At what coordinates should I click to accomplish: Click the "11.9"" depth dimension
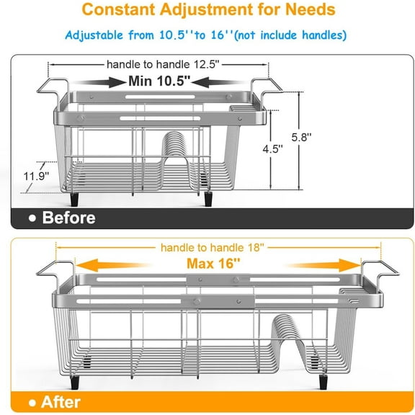click(32, 174)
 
